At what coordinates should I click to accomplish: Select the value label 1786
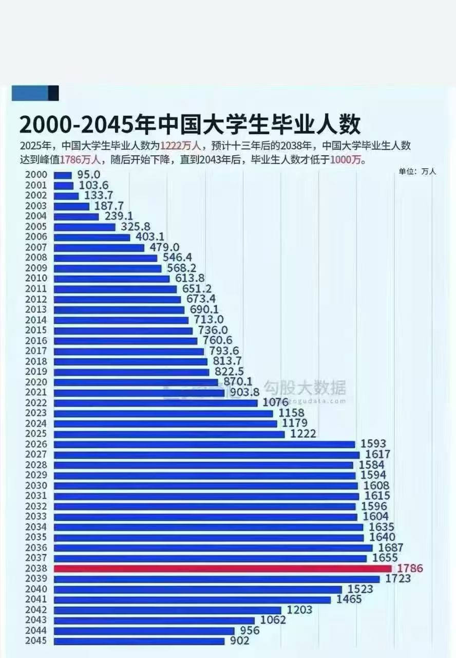pos(410,569)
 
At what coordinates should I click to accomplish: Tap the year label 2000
pos(36,175)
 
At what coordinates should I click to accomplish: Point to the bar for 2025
pos(169,434)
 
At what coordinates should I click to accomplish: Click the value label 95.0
pos(88,175)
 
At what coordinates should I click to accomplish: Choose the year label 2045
pos(36,641)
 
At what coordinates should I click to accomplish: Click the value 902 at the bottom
pos(239,641)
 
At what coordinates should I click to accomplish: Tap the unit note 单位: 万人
pos(417,172)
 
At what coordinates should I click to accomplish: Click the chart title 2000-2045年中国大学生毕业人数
pos(190,125)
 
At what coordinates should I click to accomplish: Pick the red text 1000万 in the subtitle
pos(347,160)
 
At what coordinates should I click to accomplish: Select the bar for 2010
pos(111,279)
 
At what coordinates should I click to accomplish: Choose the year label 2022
pos(36,403)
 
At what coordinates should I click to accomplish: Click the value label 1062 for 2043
pos(273,620)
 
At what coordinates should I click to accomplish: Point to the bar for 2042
pos(167,610)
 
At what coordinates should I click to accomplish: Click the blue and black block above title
pos(35,93)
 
